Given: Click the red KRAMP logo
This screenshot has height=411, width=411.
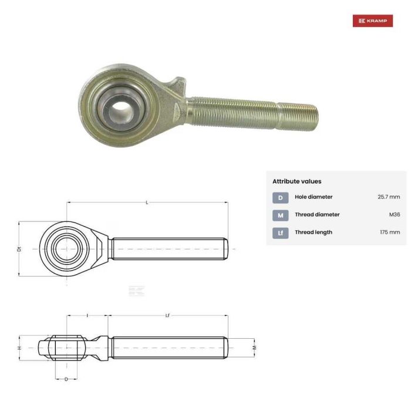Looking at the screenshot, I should coord(372,21).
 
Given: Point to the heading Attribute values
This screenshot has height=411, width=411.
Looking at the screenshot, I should coord(297,181).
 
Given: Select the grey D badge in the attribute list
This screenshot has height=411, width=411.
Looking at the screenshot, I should coord(280,197).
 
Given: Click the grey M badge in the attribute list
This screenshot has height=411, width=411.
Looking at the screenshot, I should coord(280,215).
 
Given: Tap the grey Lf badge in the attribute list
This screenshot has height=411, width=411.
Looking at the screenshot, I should coord(280,233).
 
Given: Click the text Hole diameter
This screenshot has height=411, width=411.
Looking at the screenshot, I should coord(313,197).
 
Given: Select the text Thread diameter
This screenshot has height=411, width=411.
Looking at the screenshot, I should coord(317,215).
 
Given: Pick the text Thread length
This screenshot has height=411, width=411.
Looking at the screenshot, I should coord(313,233).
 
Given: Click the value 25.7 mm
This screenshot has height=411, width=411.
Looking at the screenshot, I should coord(389,197).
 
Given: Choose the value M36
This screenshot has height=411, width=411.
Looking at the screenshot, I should coord(394,215).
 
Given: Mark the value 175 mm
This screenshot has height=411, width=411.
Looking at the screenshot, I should coord(390,233).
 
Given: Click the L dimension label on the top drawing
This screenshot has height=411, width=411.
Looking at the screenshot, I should coord(147,203).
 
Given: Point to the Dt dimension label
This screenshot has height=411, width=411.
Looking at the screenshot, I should coord(19,249).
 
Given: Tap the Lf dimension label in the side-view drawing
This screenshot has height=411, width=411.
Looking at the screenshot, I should coord(167,316).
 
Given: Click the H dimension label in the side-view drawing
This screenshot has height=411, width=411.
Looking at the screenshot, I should coord(19,348).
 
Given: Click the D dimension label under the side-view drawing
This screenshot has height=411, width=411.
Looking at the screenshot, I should coord(66,379).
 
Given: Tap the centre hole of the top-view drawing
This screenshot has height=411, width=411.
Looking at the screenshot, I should coord(66,248).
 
